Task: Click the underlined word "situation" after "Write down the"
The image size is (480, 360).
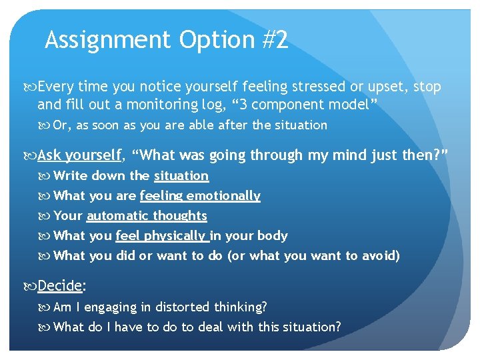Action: tap(181, 176)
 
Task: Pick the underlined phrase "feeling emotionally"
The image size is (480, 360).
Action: tap(200, 196)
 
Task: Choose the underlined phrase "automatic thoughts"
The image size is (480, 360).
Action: tap(147, 216)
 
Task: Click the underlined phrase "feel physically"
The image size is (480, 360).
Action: tap(161, 236)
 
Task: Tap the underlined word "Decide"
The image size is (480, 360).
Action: tap(59, 286)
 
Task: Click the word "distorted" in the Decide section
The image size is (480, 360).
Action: tap(183, 307)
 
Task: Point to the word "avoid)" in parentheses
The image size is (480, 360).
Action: tap(381, 256)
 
